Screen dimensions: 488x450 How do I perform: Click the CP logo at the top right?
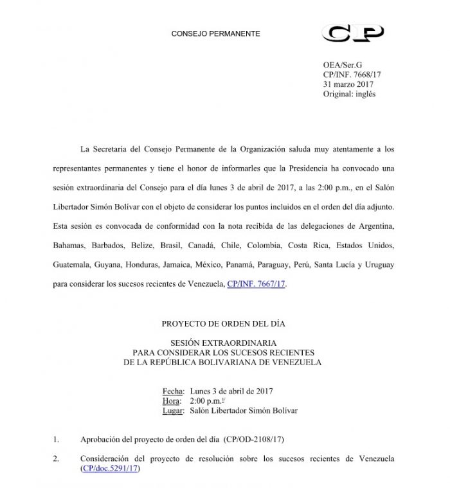pos(353,33)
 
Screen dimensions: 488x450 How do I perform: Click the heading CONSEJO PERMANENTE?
pos(215,33)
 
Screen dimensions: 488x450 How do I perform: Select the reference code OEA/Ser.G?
pos(343,66)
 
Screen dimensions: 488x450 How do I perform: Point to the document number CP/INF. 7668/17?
pos(353,75)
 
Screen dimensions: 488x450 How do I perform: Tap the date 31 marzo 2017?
pos(349,84)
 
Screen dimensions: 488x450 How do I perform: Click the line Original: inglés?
pos(349,94)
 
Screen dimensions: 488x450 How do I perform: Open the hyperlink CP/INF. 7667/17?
pos(256,283)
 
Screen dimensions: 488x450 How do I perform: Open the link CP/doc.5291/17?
pos(110,469)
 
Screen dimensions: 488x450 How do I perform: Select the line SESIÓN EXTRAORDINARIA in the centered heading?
pos(222,344)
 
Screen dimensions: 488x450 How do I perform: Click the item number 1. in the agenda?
pos(56,440)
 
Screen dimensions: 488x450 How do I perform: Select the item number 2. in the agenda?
pos(56,458)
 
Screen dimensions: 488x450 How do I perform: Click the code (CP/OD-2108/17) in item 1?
pos(253,440)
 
